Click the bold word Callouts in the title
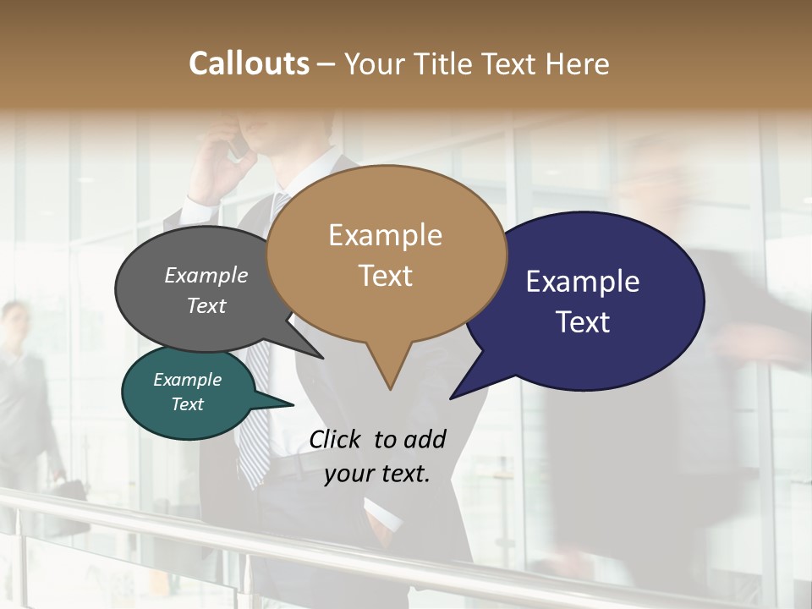click(249, 63)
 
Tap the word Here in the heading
click(579, 63)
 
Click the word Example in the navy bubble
click(583, 282)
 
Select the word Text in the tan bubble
click(386, 275)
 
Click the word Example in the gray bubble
click(206, 275)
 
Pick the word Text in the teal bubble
click(188, 404)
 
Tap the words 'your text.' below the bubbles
click(377, 474)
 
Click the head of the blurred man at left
click(14, 320)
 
